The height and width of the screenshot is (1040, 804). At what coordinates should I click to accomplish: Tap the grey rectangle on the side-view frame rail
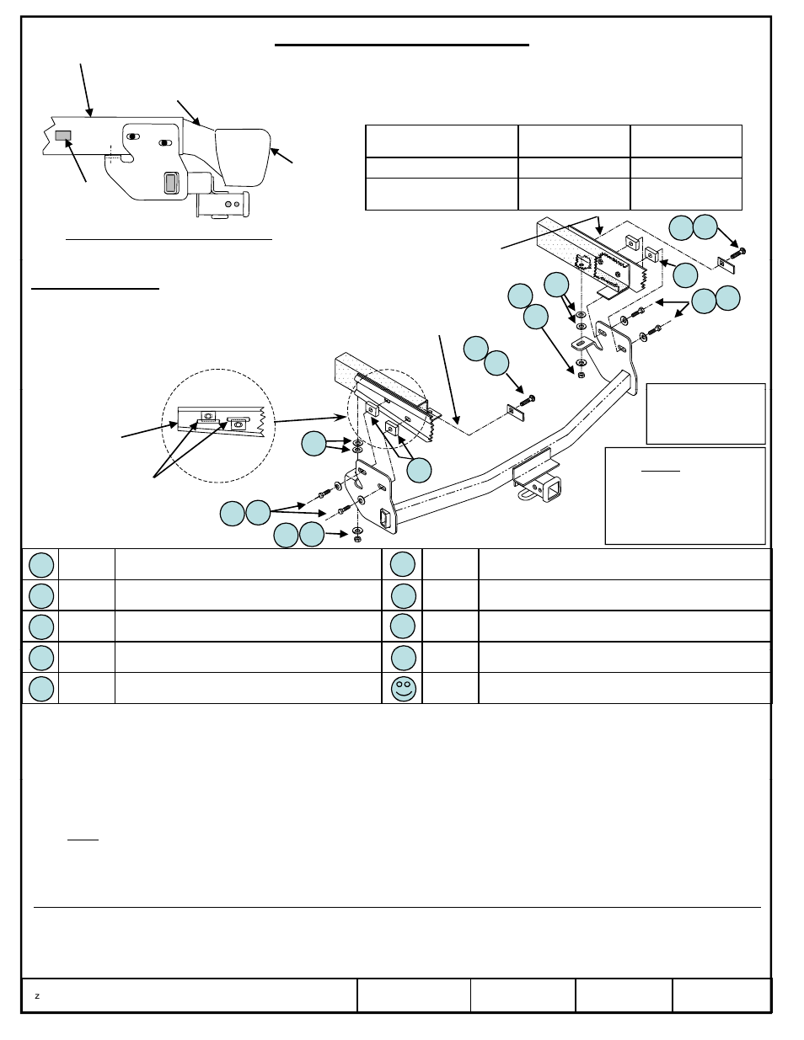click(63, 136)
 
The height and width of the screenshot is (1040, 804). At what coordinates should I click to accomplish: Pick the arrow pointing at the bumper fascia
click(281, 156)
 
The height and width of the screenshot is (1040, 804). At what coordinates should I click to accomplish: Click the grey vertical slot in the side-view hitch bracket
click(170, 183)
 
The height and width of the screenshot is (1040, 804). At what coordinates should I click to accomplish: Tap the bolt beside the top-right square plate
click(738, 253)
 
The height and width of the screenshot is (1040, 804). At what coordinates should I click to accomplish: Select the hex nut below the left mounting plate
click(357, 539)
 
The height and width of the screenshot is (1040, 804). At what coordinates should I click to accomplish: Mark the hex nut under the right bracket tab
click(582, 375)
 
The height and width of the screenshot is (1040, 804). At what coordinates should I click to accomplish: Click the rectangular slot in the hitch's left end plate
click(384, 517)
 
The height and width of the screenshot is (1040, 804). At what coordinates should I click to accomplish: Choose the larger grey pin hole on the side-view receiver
click(228, 205)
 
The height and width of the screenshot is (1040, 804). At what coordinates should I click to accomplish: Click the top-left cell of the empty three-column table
click(442, 141)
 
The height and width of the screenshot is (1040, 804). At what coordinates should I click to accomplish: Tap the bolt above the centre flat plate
click(528, 401)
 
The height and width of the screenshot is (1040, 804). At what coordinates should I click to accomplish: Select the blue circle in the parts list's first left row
click(41, 565)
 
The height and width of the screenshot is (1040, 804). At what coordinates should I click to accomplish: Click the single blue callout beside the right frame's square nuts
click(685, 275)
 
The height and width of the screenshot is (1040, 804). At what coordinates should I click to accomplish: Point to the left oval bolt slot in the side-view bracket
click(133, 136)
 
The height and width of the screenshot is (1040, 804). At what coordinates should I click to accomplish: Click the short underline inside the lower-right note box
click(661, 471)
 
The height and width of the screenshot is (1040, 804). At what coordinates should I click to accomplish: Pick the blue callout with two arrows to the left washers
click(314, 443)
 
